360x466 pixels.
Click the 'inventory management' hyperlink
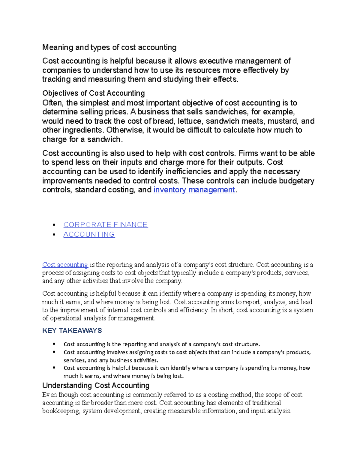194,190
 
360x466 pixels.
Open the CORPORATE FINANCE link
105,225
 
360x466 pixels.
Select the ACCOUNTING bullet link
89,234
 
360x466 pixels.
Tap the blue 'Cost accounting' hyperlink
65,265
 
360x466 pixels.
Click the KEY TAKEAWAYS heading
72,331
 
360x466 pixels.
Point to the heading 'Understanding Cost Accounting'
96,385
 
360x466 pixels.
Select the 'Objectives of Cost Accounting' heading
94,93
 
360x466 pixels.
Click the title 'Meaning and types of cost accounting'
109,47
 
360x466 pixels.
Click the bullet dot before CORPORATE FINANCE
54,225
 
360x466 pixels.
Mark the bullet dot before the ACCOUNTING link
54,235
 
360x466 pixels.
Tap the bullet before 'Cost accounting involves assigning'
54,352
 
